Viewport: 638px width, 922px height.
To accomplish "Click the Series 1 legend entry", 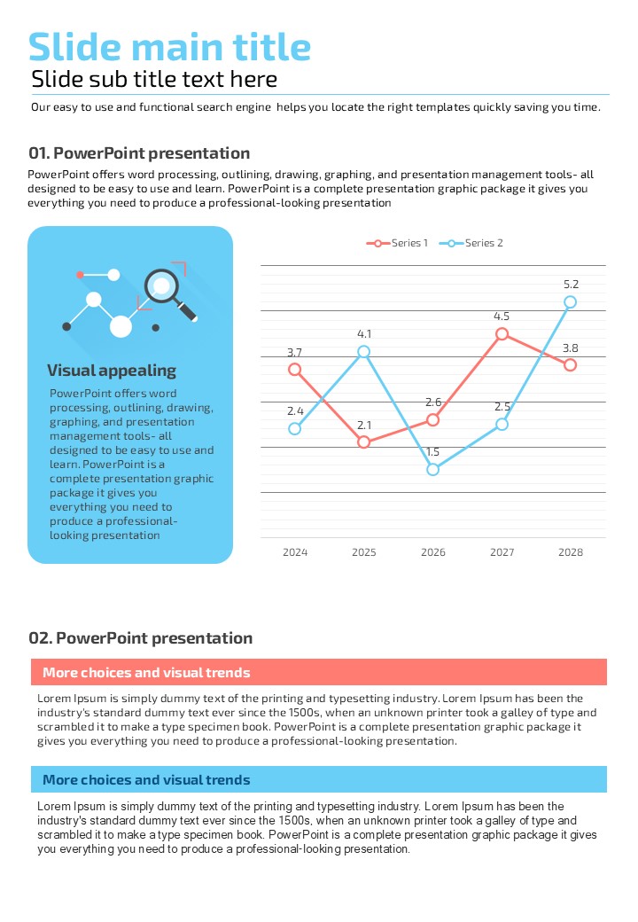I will coord(398,243).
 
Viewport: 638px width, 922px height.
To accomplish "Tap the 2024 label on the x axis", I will coord(295,552).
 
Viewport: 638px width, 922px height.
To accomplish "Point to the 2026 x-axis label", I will coord(432,552).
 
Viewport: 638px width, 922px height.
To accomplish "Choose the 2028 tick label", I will coord(571,552).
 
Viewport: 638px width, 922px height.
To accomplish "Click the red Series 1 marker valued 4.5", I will coord(502,334).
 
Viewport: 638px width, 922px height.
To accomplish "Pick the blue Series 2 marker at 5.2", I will coord(571,302).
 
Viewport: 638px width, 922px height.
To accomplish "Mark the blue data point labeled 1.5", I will coord(432,469).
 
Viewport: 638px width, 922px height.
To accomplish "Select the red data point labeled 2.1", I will coord(364,441).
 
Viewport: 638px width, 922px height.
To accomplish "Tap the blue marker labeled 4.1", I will coord(364,352).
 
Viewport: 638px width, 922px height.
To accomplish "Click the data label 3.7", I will coord(295,353).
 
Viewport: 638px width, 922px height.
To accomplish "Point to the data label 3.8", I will coord(571,348).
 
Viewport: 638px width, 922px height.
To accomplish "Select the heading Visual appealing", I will coord(112,371).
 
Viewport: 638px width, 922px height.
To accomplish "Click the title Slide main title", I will coord(169,47).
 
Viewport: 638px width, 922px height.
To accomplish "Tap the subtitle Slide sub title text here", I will coord(154,80).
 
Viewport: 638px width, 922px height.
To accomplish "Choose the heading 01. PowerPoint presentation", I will coord(139,153).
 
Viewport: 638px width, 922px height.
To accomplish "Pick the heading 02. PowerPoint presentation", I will coord(141,638).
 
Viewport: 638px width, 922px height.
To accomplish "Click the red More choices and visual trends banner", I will coord(319,672).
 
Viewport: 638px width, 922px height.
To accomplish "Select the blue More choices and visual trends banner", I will coord(319,780).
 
